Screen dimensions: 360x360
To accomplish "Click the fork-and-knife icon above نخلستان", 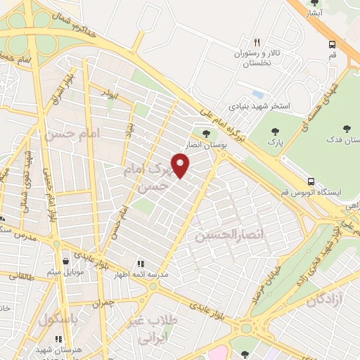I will tap(257, 42).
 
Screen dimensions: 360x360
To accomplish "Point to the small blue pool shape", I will tap(258, 94).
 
